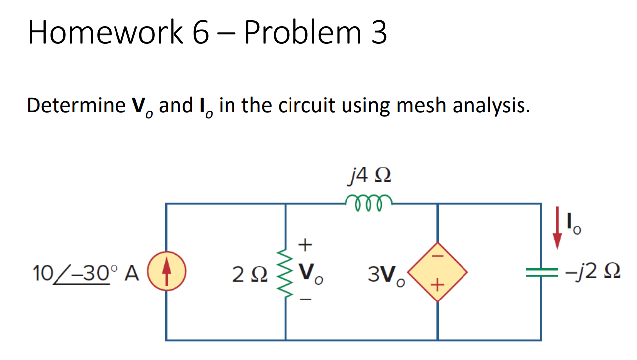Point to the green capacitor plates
click(x=541, y=272)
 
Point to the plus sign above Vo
click(x=306, y=244)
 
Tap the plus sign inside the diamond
click(x=437, y=285)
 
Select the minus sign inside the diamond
click(x=437, y=257)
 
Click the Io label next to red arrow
click(x=575, y=224)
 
